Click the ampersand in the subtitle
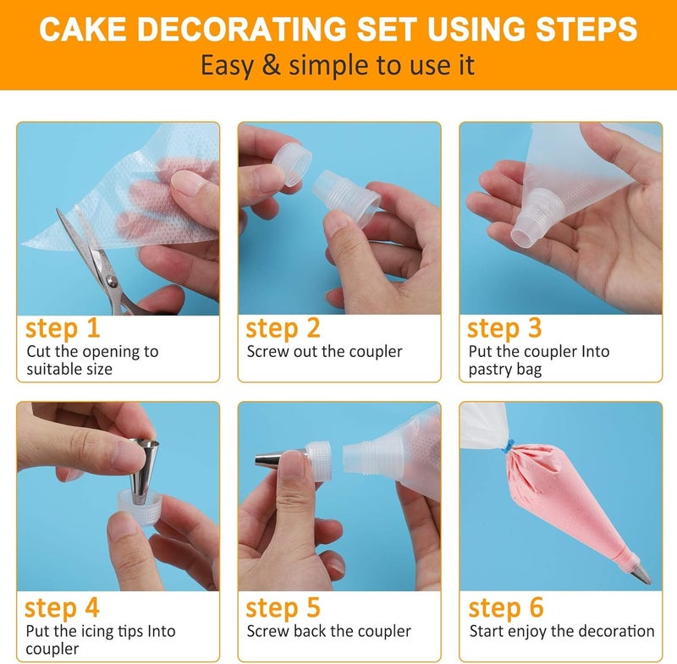[x=270, y=66]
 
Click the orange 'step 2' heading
[x=283, y=328]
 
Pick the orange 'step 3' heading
[x=505, y=328]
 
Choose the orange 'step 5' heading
[x=283, y=607]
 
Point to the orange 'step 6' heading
[x=505, y=607]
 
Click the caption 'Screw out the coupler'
[x=324, y=351]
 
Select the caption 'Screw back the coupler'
[x=328, y=631]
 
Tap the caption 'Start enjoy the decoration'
[x=562, y=631]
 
